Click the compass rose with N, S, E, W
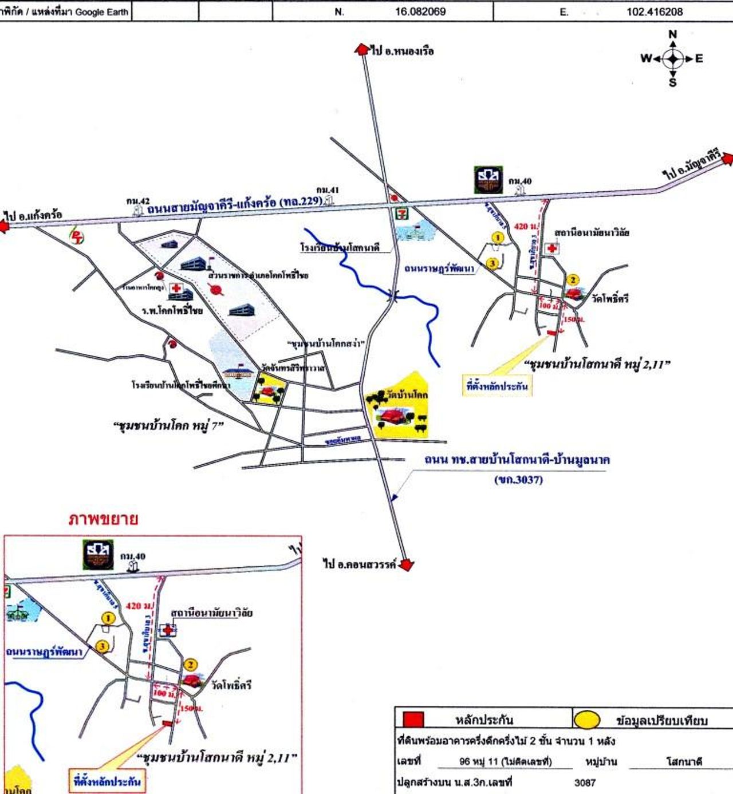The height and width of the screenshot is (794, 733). [673, 58]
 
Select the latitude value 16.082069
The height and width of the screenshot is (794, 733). [420, 11]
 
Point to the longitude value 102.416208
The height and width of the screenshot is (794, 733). [654, 11]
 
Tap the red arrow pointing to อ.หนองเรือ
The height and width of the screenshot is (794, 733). [362, 49]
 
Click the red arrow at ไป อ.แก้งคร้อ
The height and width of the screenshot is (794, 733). [4, 227]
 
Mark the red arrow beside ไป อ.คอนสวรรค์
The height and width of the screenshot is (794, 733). [406, 565]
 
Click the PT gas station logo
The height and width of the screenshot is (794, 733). [76, 236]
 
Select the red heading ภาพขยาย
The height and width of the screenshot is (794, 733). [103, 519]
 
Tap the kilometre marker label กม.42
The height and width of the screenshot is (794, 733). [138, 201]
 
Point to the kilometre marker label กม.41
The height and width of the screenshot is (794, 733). [328, 190]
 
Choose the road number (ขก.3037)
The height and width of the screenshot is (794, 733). [518, 480]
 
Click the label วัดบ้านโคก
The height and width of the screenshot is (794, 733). [407, 394]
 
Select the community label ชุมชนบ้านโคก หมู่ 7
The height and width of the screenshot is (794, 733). [168, 425]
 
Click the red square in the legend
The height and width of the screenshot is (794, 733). [413, 720]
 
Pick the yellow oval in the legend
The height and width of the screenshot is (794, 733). [587, 720]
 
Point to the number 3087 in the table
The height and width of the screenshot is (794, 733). [585, 783]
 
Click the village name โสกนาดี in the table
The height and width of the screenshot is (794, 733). [684, 762]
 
